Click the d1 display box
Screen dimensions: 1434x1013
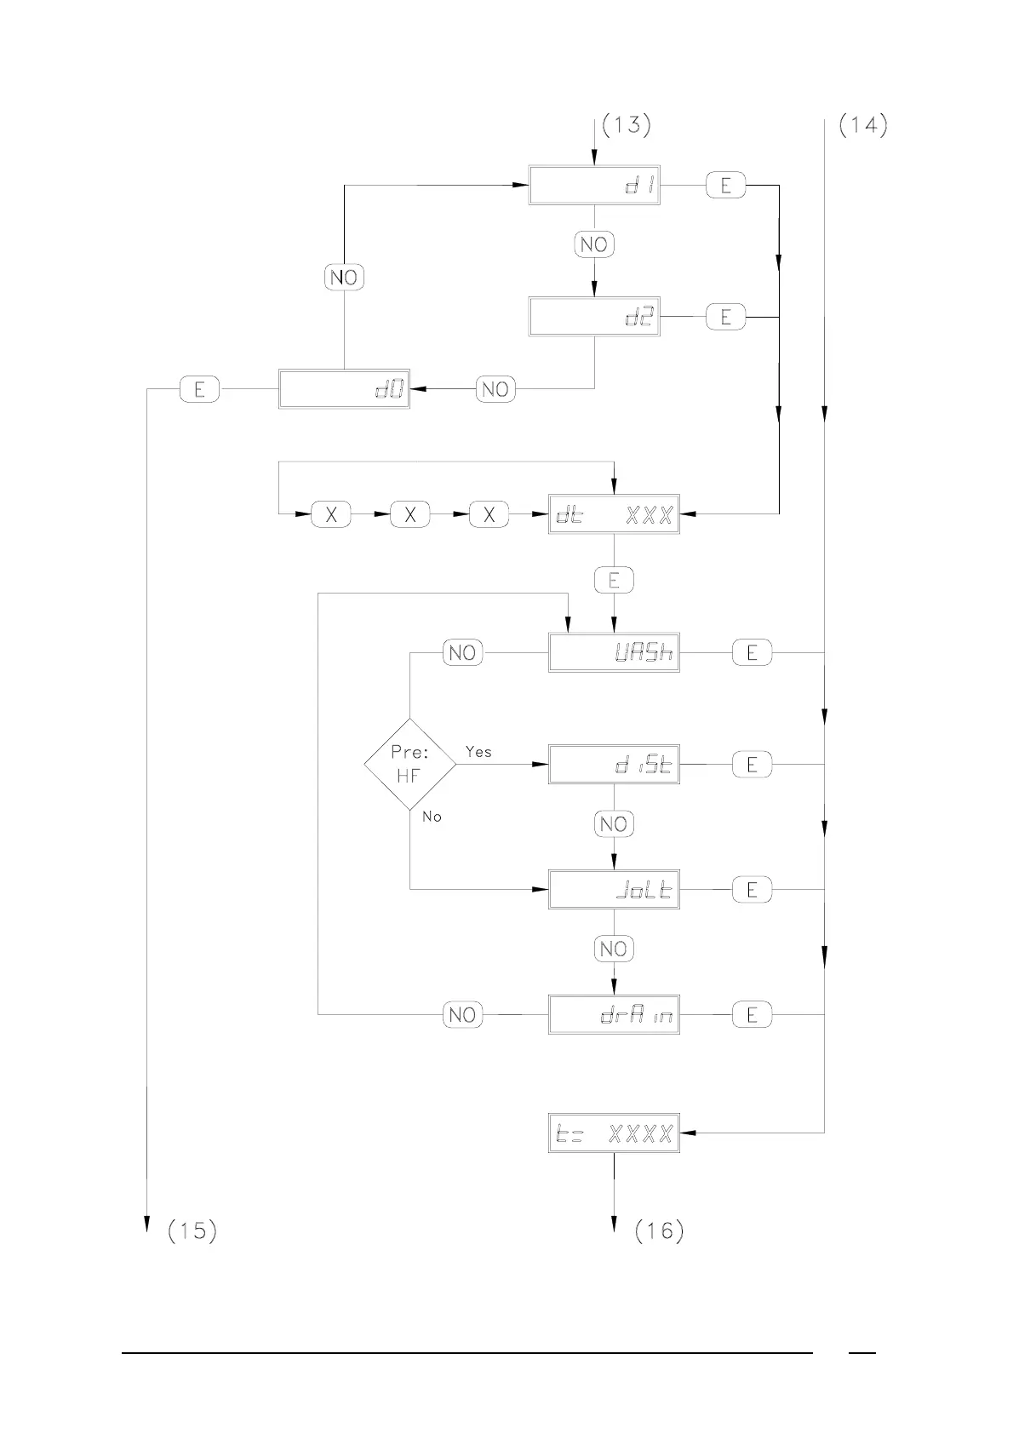pyautogui.click(x=594, y=185)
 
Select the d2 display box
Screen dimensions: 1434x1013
pyautogui.click(x=594, y=317)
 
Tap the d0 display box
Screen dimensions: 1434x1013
pyautogui.click(x=344, y=389)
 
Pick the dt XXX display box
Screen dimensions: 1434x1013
pyautogui.click(x=614, y=514)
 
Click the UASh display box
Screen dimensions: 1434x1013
pyautogui.click(x=614, y=653)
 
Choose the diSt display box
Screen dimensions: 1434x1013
pyautogui.click(x=614, y=765)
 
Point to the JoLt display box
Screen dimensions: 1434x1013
pyautogui.click(x=614, y=890)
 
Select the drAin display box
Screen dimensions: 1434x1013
pyautogui.click(x=614, y=1014)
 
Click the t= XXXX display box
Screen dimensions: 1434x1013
pyautogui.click(x=614, y=1133)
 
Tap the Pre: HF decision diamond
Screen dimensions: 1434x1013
pyautogui.click(x=409, y=764)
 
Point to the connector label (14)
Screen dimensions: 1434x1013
pyautogui.click(x=863, y=125)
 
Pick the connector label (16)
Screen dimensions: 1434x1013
pyautogui.click(x=659, y=1230)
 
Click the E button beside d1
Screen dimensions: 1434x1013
pyautogui.click(x=725, y=185)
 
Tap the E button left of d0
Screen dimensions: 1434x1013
pyautogui.click(x=199, y=389)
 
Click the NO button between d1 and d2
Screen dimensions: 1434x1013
pyautogui.click(x=593, y=244)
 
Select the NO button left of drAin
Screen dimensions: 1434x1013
pyautogui.click(x=462, y=1014)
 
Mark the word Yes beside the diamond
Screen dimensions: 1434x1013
pyautogui.click(x=478, y=752)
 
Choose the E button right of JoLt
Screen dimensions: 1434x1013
pyautogui.click(x=752, y=890)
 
